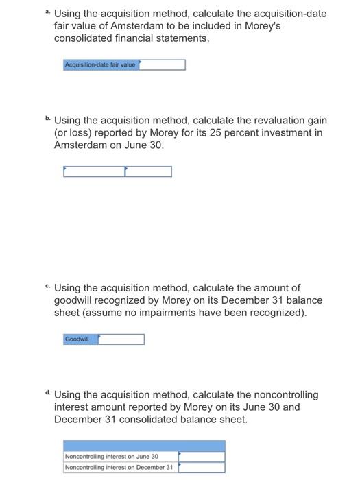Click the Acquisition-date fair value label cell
click(101, 64)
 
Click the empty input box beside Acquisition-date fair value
click(163, 64)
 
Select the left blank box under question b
click(94, 171)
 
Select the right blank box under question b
click(148, 171)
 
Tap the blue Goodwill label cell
click(80, 339)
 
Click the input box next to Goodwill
click(121, 339)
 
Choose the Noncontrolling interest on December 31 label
click(119, 468)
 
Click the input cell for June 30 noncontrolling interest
click(202, 456)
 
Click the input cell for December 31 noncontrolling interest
click(202, 468)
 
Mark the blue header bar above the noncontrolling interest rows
click(143, 445)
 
